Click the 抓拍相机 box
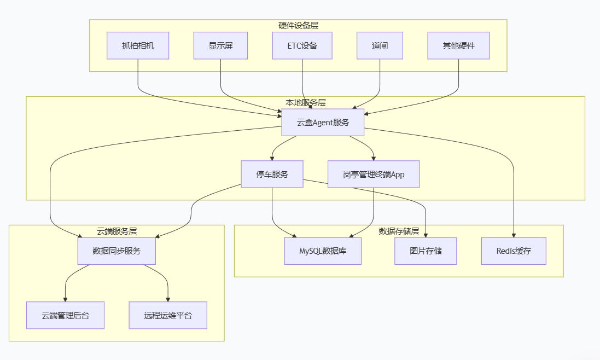[x=138, y=45]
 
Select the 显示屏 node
[x=220, y=45]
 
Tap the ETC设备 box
[x=302, y=45]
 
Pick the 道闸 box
[x=380, y=45]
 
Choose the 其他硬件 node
[x=458, y=45]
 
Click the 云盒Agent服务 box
[x=323, y=122]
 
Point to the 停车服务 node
[x=272, y=174]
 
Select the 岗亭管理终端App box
[x=374, y=174]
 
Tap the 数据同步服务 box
[x=116, y=251]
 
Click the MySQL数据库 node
[x=323, y=251]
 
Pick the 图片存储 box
[x=426, y=251]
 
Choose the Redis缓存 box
[x=514, y=251]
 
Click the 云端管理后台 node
[x=65, y=315]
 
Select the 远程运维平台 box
[x=168, y=315]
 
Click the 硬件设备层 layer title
[x=298, y=25]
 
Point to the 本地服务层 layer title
[x=306, y=102]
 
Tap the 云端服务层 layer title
[x=116, y=231]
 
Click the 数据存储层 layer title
[x=399, y=231]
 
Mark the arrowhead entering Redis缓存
[x=514, y=235]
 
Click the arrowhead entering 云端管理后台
[x=65, y=299]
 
